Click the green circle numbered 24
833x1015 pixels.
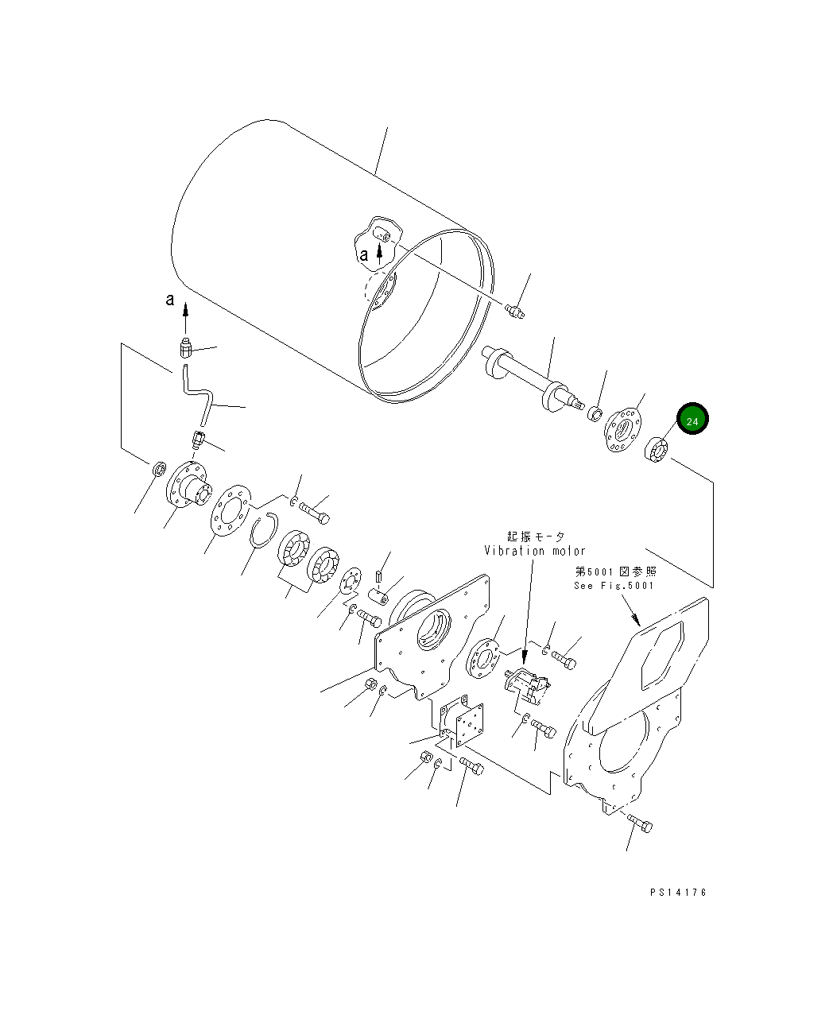[692, 420]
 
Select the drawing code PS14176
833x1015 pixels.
[677, 892]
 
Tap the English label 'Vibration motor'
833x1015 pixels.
[535, 550]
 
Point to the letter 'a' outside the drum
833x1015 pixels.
[169, 300]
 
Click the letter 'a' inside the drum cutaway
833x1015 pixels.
[363, 255]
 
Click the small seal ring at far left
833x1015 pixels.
[159, 470]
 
